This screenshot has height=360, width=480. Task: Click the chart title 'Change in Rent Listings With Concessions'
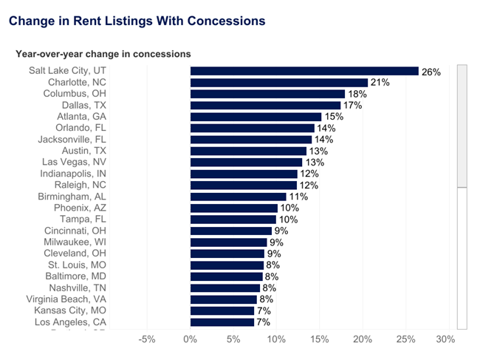tap(137, 21)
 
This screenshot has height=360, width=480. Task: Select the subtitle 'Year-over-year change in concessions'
tap(103, 54)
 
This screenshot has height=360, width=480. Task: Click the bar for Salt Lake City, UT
tap(304, 71)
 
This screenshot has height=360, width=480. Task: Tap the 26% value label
tap(431, 72)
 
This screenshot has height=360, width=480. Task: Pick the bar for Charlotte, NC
tap(279, 83)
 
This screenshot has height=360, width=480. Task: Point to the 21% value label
tap(380, 83)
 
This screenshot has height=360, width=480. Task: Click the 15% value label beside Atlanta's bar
tap(333, 117)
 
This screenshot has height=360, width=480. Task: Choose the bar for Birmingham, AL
tap(238, 197)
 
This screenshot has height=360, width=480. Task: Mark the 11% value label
tap(298, 197)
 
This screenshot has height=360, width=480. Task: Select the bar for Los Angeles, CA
tap(222, 322)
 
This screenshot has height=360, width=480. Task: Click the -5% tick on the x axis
tap(147, 340)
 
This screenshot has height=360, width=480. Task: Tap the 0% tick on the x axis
tap(191, 340)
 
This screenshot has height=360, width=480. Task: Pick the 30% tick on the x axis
tap(445, 340)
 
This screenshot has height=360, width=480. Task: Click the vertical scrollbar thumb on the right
tap(462, 126)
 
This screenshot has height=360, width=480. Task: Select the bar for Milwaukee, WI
tap(228, 242)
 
